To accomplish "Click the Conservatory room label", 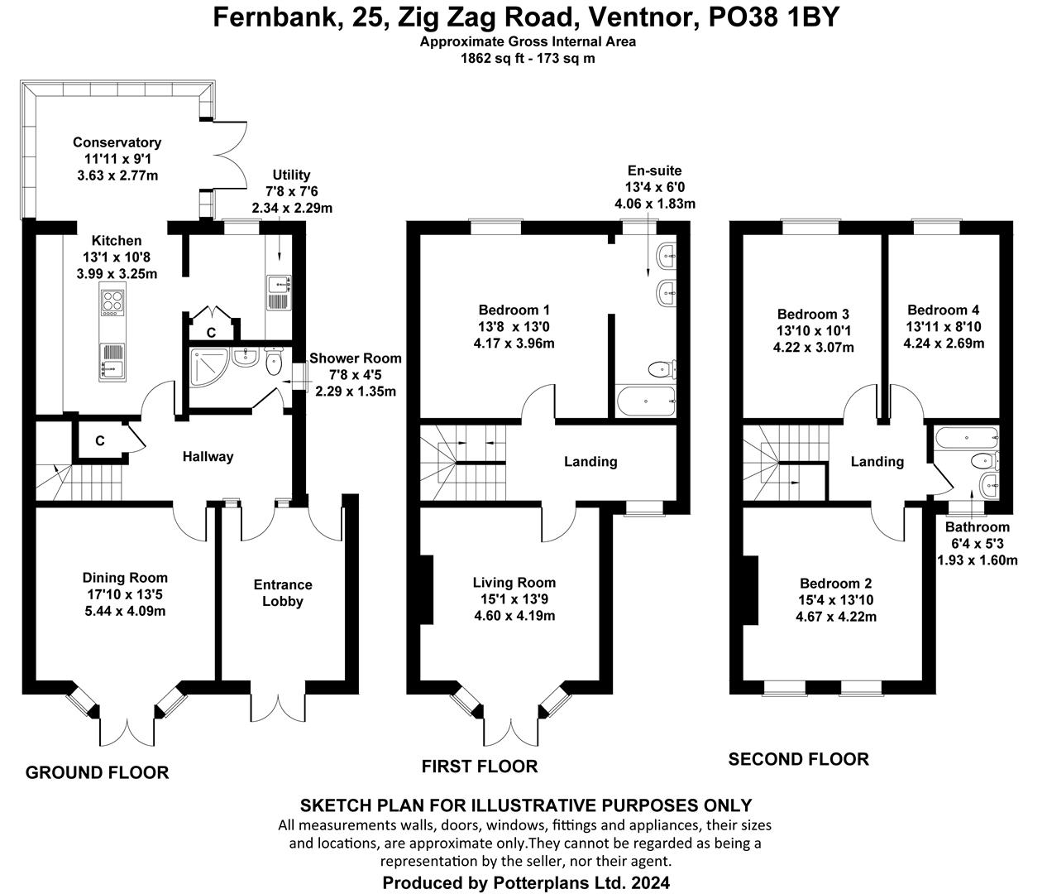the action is pos(117,142).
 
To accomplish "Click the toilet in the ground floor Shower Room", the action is pos(274,361).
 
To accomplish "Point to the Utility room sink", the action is pos(279,285).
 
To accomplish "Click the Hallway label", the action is pos(208,457).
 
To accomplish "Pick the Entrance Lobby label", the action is pos(283,593).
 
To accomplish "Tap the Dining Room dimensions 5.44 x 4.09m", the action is pos(125,611).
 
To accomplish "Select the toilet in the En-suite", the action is pos(662,369).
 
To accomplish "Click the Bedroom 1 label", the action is pos(514,310).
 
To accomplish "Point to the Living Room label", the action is pos(514,583).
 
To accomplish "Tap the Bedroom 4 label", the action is pos(943,310).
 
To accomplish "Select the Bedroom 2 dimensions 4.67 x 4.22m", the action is pos(836,617).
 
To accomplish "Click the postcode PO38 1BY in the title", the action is pos(774,17).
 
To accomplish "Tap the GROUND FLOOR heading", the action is pos(98,772).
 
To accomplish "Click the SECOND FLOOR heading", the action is pos(798,759).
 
